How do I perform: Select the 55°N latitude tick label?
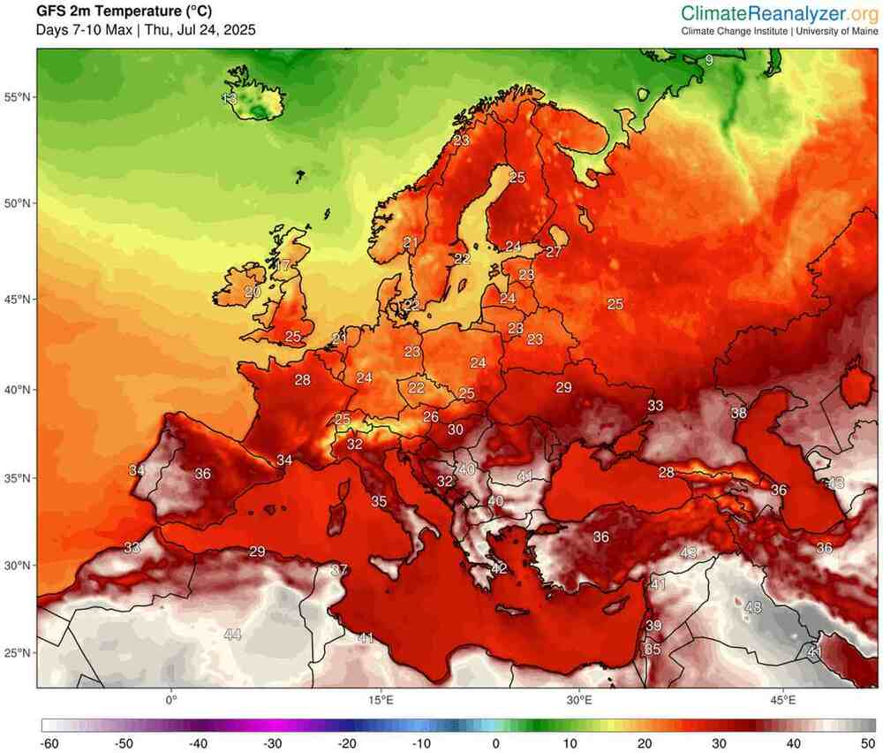tap(19, 96)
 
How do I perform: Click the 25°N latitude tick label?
tap(19, 653)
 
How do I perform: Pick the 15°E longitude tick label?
tap(381, 700)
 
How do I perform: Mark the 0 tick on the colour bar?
tap(496, 743)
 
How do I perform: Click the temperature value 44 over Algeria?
tap(232, 635)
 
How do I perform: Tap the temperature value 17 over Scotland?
tap(283, 265)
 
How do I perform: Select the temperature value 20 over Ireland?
tap(253, 292)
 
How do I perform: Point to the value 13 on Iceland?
tap(230, 98)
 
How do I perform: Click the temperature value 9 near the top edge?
tap(708, 60)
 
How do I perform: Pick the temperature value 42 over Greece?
tap(499, 568)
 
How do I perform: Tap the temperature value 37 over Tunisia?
tap(339, 570)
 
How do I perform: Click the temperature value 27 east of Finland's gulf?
tap(554, 252)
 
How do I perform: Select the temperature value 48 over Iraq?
tap(753, 608)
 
